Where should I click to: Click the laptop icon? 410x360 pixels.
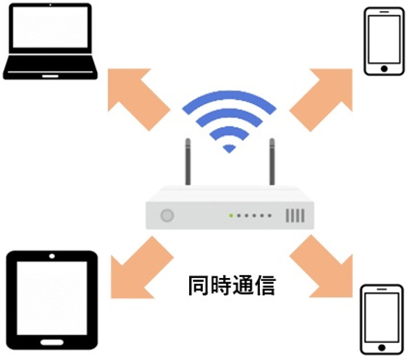click(x=50, y=41)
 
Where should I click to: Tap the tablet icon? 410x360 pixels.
click(x=52, y=300)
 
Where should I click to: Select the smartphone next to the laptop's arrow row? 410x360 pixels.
click(x=384, y=41)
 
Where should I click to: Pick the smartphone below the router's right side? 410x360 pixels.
click(x=382, y=319)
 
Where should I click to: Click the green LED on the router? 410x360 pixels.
click(x=231, y=215)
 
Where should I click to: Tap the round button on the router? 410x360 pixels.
click(x=167, y=215)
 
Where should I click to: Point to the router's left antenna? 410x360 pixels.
click(x=188, y=162)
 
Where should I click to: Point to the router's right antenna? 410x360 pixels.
click(x=272, y=162)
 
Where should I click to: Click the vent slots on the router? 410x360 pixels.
click(x=295, y=215)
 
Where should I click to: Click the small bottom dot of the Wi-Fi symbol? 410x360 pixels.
click(x=229, y=148)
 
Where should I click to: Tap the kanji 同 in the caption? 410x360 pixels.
click(x=199, y=285)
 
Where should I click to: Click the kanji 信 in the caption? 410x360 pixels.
click(x=265, y=285)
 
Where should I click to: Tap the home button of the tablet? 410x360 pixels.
click(x=52, y=342)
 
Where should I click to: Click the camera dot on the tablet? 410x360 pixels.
click(x=52, y=256)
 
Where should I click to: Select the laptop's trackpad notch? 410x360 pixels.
click(x=50, y=76)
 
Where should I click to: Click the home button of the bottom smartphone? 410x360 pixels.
click(x=382, y=348)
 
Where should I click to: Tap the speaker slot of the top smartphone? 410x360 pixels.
click(x=384, y=11)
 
